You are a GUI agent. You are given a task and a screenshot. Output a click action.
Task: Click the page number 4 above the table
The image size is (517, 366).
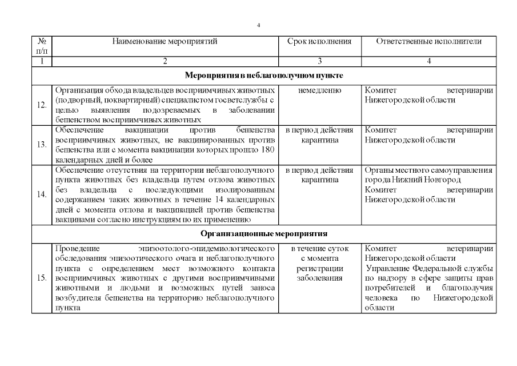click(259, 25)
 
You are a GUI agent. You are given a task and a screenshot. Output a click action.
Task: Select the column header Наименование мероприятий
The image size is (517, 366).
click(165, 41)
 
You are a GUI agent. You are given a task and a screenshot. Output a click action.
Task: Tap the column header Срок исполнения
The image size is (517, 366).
click(319, 41)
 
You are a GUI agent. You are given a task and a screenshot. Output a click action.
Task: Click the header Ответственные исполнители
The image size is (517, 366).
click(428, 41)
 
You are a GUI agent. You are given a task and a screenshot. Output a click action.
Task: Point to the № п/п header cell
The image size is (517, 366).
click(41, 46)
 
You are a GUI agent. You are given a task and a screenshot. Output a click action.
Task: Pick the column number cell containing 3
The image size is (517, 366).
click(319, 61)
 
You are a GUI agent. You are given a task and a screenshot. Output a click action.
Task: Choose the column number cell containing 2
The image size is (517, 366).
click(165, 61)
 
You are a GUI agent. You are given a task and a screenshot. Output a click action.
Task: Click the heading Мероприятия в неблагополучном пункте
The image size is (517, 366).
click(263, 75)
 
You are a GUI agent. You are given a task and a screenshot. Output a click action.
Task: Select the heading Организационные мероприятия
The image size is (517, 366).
click(263, 234)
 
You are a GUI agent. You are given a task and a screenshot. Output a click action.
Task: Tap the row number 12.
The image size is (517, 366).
click(41, 105)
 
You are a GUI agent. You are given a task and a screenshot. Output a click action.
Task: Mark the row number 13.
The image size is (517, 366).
click(41, 145)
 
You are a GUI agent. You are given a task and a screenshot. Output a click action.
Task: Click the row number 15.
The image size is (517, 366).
click(41, 279)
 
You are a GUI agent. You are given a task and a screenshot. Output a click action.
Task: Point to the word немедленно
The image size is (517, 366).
click(319, 90)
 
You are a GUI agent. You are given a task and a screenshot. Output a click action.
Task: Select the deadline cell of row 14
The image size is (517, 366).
click(319, 175)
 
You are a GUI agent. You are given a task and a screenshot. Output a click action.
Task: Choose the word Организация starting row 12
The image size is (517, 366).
click(78, 90)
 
